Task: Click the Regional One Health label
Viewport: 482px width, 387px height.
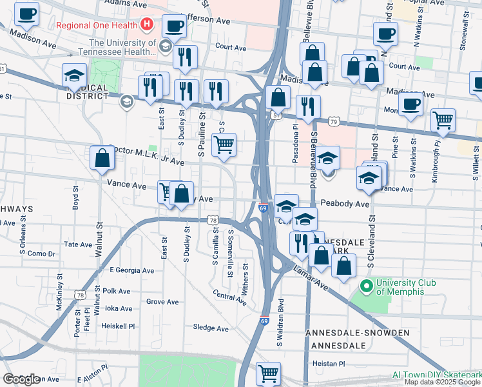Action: [x=97, y=26]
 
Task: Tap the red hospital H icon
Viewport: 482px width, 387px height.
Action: [x=147, y=26]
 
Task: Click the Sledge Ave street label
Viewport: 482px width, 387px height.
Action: [x=211, y=328]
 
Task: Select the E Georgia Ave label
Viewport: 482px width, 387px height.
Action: [x=132, y=270]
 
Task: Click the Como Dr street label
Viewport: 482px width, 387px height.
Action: [x=41, y=253]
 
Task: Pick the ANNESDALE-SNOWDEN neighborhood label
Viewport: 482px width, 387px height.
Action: [x=360, y=333]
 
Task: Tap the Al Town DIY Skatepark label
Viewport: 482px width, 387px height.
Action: [x=437, y=375]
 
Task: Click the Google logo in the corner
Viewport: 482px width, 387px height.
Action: [x=21, y=379]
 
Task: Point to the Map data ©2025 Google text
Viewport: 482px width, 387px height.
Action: [x=443, y=382]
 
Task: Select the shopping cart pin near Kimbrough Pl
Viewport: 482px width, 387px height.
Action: [x=443, y=119]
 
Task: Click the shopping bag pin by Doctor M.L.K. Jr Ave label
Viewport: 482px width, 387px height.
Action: [x=102, y=157]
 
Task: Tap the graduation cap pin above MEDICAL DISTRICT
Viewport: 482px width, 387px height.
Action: [x=75, y=75]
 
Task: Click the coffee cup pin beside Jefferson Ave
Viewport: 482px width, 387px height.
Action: [x=174, y=26]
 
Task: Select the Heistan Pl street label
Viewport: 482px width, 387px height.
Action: [x=329, y=364]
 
